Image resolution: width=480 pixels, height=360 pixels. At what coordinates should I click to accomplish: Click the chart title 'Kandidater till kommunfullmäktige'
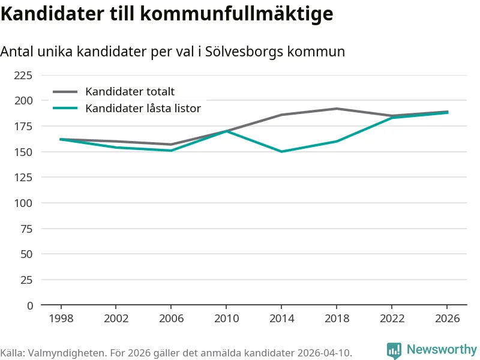pyautogui.click(x=167, y=13)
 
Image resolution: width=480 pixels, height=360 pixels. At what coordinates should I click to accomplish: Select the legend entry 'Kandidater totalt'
pyautogui.click(x=130, y=92)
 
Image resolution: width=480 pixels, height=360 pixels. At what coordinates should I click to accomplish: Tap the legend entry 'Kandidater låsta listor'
pyautogui.click(x=143, y=109)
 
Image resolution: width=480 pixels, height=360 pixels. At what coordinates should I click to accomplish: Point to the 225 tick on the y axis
pyautogui.click(x=23, y=75)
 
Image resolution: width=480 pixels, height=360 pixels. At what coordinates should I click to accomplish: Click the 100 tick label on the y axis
pyautogui.click(x=23, y=203)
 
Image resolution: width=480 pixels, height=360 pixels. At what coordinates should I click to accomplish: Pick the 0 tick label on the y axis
pyautogui.click(x=29, y=305)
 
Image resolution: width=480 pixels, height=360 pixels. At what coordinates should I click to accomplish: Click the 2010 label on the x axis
pyautogui.click(x=226, y=319)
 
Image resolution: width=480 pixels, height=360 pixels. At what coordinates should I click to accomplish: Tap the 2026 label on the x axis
pyautogui.click(x=447, y=319)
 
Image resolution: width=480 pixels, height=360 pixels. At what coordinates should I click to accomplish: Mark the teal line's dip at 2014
pyautogui.click(x=281, y=152)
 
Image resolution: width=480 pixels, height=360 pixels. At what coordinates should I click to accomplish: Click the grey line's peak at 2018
pyautogui.click(x=337, y=109)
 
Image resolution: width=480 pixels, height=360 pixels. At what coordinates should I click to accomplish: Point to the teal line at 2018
pyautogui.click(x=337, y=142)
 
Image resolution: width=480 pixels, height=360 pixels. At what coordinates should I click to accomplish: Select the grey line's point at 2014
pyautogui.click(x=281, y=115)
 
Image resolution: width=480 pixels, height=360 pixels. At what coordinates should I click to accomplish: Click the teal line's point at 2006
pyautogui.click(x=171, y=151)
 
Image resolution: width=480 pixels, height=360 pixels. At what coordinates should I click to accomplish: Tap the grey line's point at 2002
pyautogui.click(x=116, y=142)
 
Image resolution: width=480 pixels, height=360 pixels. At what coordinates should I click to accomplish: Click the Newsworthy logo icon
pyautogui.click(x=394, y=350)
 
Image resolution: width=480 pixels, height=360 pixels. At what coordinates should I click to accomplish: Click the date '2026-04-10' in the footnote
pyautogui.click(x=323, y=352)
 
